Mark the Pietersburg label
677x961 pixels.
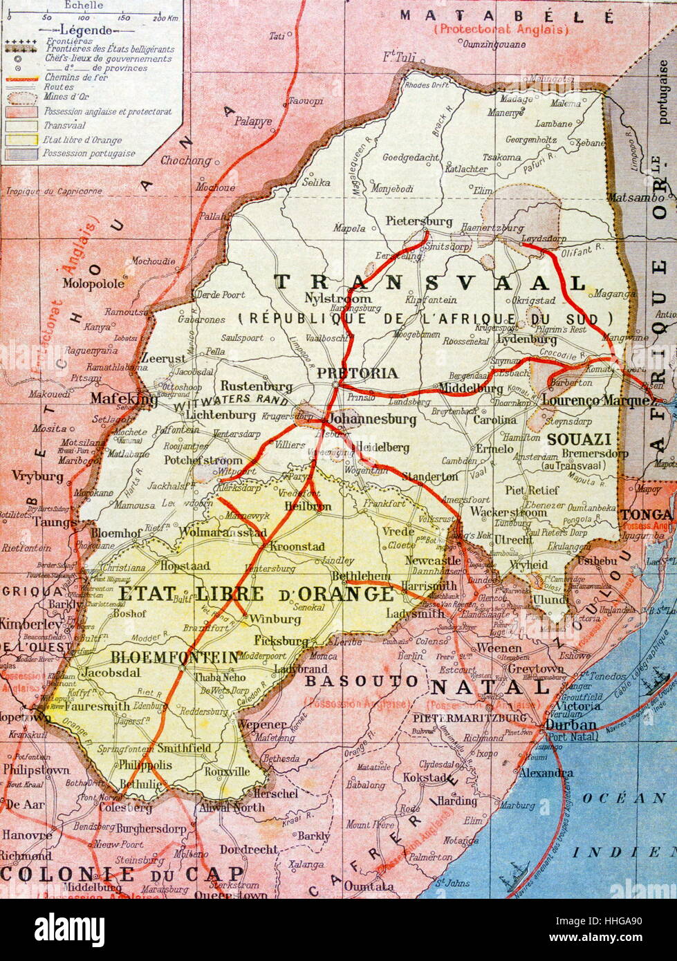click(x=419, y=221)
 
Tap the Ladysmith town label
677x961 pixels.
click(x=415, y=613)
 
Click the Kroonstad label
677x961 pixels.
click(x=297, y=546)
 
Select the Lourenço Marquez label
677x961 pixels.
click(x=596, y=400)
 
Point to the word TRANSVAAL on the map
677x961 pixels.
click(x=430, y=282)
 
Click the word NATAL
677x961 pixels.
click(x=490, y=687)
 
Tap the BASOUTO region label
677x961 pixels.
click(x=362, y=681)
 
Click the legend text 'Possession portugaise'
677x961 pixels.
click(x=89, y=153)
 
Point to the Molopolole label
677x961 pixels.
click(x=93, y=283)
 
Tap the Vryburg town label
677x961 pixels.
click(x=37, y=476)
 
